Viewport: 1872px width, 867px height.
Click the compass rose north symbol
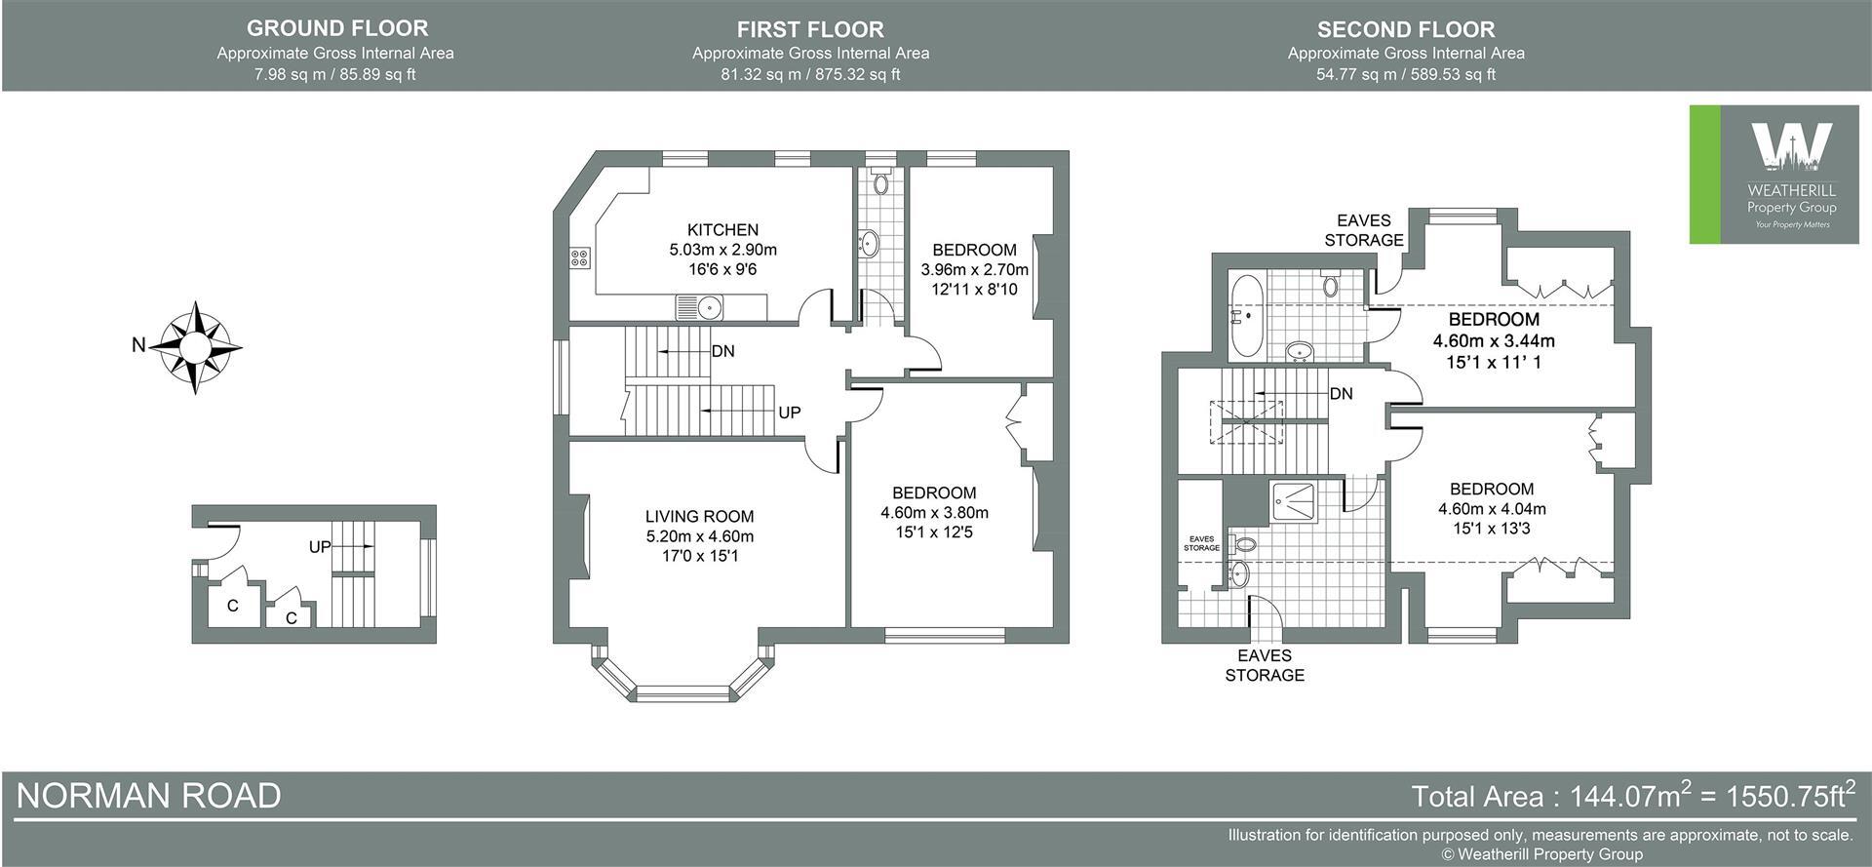(x=198, y=346)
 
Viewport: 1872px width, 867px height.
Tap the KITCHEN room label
(x=722, y=230)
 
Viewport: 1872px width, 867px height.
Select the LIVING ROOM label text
(x=699, y=517)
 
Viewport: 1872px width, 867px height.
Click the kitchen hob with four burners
(x=580, y=258)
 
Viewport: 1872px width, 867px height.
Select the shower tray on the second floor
(x=1292, y=503)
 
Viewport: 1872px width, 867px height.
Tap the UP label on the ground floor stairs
(x=320, y=547)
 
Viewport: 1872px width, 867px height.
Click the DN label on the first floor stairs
(x=722, y=351)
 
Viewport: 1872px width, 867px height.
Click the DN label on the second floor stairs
(x=1341, y=394)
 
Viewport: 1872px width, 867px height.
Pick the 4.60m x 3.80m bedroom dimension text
(x=934, y=513)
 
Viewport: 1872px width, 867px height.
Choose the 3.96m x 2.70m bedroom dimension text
(x=974, y=269)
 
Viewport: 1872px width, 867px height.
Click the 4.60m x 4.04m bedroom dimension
(x=1492, y=509)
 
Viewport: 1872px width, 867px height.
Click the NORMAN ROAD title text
(x=149, y=796)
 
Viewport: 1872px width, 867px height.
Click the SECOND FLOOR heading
(x=1405, y=29)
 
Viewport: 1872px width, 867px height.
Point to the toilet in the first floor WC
(x=881, y=181)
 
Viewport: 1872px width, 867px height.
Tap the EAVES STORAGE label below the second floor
(x=1265, y=665)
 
